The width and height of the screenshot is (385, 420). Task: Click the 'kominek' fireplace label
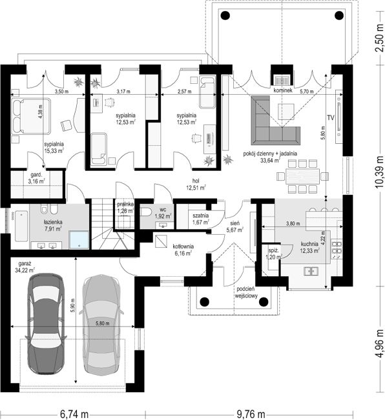click(282, 90)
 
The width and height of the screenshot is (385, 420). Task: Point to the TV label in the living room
click(331, 117)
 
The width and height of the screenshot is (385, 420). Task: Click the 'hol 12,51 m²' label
click(196, 185)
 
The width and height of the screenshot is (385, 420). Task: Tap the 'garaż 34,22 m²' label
click(25, 267)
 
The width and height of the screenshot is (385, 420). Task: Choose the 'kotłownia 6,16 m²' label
click(183, 250)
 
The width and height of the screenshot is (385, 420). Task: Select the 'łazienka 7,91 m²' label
click(53, 225)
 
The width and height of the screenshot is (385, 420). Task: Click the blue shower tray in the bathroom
click(79, 240)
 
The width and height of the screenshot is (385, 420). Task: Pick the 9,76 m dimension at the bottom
click(251, 414)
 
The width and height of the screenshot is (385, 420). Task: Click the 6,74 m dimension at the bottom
click(74, 414)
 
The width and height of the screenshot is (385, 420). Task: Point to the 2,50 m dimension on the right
click(379, 39)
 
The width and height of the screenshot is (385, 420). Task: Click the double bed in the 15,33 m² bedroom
click(32, 116)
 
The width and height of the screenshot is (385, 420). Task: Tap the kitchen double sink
click(311, 272)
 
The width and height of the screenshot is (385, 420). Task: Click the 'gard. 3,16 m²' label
click(36, 178)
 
